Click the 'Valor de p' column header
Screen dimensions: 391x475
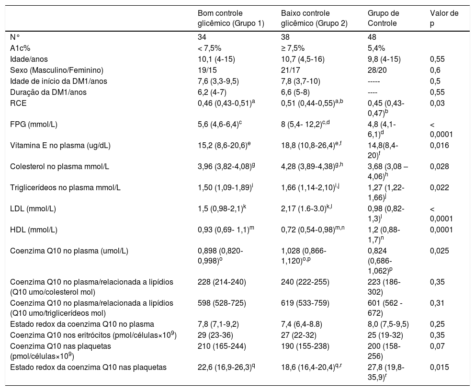[x=444, y=18]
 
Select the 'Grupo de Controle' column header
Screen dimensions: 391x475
[x=383, y=18]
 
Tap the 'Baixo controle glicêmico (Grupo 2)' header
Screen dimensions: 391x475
[x=314, y=18]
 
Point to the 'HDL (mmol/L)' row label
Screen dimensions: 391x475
[x=34, y=230]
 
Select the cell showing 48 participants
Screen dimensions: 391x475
[x=372, y=37]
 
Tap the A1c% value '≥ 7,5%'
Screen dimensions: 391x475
[x=293, y=48]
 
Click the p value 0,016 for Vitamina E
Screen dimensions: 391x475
[x=440, y=145]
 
